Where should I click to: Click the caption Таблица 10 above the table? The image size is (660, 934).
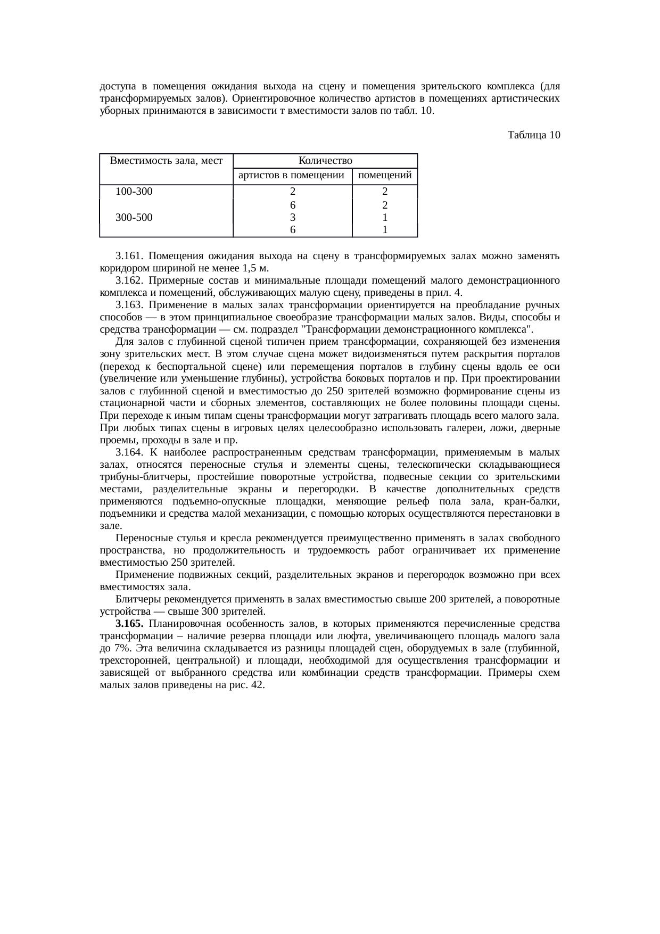(534, 135)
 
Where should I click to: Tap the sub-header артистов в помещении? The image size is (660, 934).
(292, 175)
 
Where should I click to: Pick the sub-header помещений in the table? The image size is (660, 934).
(384, 175)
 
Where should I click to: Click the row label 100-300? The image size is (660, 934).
(134, 192)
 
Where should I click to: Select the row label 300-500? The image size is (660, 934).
(134, 217)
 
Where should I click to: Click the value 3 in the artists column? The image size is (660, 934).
(292, 217)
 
